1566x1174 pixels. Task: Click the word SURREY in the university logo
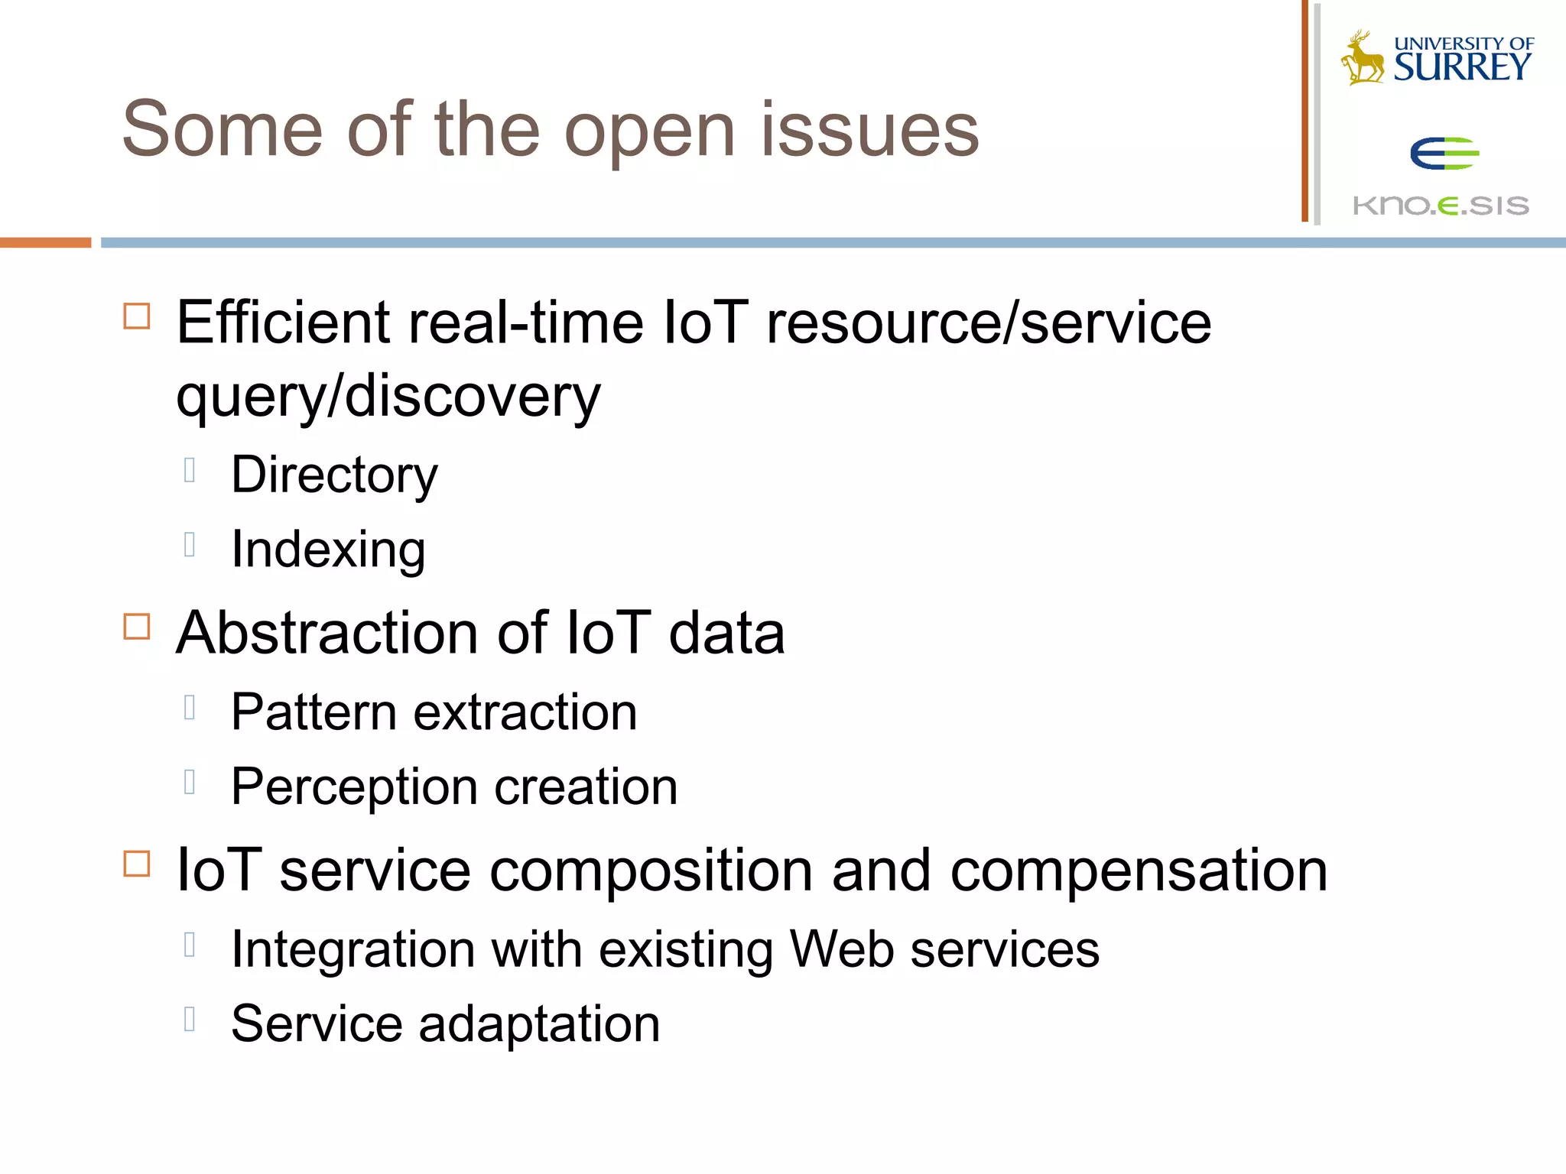(x=1462, y=67)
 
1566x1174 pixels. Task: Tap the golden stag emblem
(x=1363, y=58)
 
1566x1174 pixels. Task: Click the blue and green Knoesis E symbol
(x=1444, y=154)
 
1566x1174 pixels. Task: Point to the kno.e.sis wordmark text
(x=1441, y=206)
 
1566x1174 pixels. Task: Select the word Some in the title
(x=222, y=130)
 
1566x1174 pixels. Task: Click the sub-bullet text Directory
(x=334, y=475)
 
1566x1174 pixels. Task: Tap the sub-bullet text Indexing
(x=328, y=549)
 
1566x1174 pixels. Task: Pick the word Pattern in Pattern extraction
(x=314, y=712)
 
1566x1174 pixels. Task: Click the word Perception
(x=355, y=787)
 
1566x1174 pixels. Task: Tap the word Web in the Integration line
(x=841, y=949)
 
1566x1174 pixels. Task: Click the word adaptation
(x=539, y=1024)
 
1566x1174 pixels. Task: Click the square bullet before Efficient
(x=137, y=316)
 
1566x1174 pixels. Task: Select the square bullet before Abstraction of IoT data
(x=137, y=627)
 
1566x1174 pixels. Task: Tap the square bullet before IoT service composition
(x=137, y=864)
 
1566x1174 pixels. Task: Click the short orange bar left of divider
(x=45, y=242)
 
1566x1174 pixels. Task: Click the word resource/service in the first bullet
(x=989, y=323)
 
